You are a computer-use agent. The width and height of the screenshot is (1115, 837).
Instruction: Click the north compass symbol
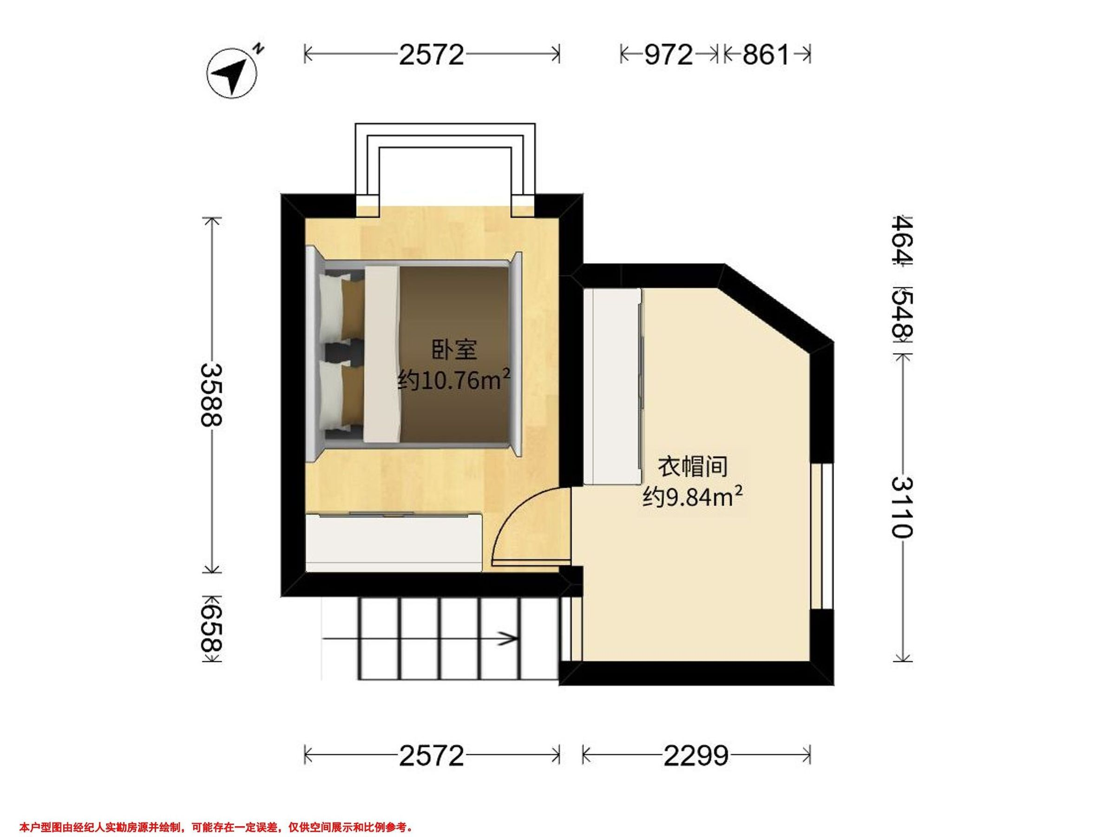[233, 73]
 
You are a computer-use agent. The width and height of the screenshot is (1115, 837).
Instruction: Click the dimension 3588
[211, 396]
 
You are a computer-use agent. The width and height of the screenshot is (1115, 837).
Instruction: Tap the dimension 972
[669, 54]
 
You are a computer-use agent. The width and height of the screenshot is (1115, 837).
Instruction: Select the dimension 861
[766, 54]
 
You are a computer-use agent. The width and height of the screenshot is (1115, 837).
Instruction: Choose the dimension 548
[902, 314]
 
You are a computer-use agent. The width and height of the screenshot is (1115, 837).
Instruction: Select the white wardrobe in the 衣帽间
[613, 387]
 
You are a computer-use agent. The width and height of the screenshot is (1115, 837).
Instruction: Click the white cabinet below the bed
[394, 543]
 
